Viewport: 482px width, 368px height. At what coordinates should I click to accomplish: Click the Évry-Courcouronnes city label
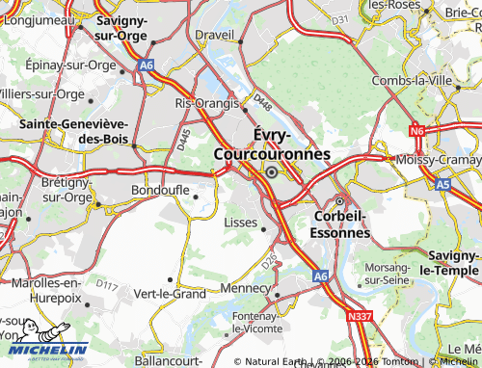[x=271, y=145]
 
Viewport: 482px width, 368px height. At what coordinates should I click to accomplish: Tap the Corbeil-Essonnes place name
[x=339, y=224]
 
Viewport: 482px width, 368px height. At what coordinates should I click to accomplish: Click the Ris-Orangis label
[x=205, y=102]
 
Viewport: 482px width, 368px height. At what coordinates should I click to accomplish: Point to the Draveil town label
[x=214, y=33]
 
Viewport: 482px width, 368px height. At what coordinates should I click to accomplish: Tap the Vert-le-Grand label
[x=170, y=294]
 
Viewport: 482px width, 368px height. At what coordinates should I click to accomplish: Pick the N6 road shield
[x=415, y=131]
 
